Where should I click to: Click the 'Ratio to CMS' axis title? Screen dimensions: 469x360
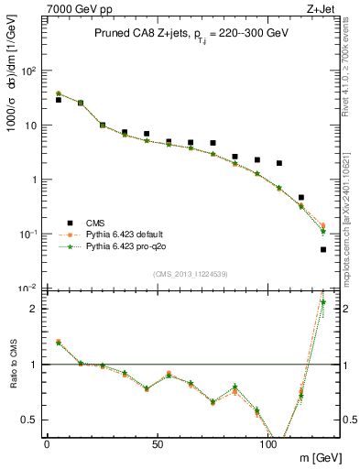point(12,365)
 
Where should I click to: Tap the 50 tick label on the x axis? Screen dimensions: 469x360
point(158,443)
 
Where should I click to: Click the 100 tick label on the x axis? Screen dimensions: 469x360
point(268,443)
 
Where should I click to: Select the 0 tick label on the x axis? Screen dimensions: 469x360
point(47,443)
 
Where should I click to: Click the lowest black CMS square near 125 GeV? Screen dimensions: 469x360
point(323,249)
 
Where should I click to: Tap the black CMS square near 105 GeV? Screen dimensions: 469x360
point(279,163)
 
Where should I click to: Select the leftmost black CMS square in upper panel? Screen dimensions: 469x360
point(59,100)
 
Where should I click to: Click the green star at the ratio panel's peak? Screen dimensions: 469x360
point(323,301)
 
